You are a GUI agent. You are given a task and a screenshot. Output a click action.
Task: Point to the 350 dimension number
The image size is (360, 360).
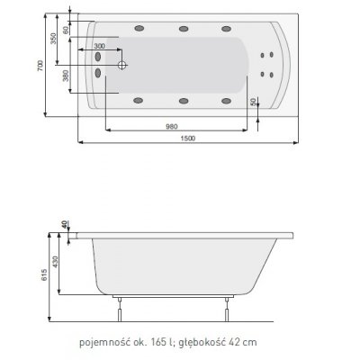tap(53, 40)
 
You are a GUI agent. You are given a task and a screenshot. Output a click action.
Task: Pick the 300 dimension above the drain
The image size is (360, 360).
tap(99, 46)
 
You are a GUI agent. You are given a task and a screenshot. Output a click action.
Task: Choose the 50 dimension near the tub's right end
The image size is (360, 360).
tap(264, 106)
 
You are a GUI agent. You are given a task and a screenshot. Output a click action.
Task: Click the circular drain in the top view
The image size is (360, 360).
tap(122, 65)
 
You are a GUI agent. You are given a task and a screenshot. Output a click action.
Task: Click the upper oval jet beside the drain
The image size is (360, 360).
tap(96, 57)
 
